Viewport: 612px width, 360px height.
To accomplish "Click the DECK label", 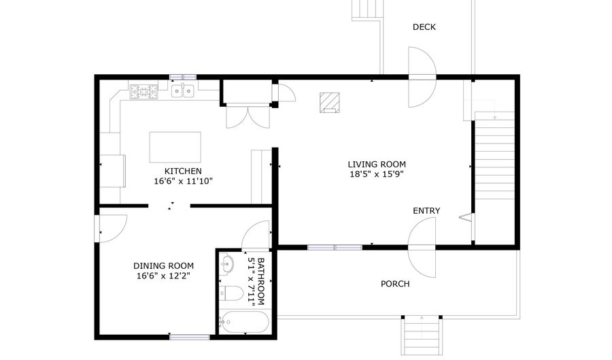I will click(x=424, y=27).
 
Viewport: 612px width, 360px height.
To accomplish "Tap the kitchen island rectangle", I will click(x=175, y=147).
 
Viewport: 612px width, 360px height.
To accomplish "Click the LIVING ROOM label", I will click(x=377, y=164).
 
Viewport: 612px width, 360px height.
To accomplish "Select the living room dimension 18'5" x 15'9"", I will click(x=377, y=174).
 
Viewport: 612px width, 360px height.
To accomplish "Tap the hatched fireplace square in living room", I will click(x=330, y=102).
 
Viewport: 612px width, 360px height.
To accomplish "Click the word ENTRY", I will click(x=426, y=211).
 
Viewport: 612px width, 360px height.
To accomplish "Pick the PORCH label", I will click(x=395, y=284).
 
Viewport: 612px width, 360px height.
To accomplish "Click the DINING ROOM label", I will click(x=163, y=266).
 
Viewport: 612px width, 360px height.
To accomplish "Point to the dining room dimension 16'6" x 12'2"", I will click(x=163, y=276).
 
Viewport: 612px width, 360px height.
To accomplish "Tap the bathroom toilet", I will click(x=231, y=294).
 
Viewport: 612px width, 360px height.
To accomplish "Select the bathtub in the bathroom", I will click(x=243, y=321).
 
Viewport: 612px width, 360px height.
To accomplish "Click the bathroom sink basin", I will click(x=226, y=265).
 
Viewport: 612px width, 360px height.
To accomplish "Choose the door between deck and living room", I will click(x=421, y=77).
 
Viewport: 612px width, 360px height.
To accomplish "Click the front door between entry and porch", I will click(x=422, y=249).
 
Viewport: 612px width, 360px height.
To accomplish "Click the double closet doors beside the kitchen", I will click(x=248, y=116).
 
